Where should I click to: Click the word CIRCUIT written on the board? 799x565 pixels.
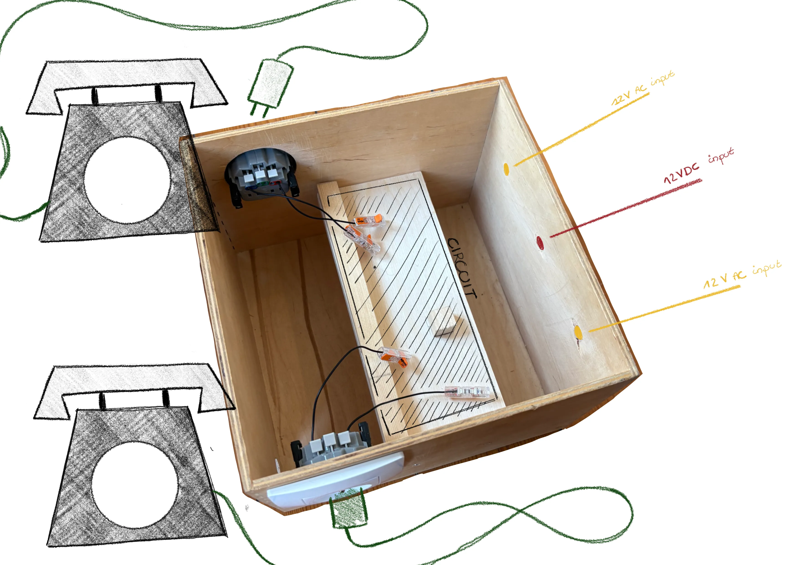pyautogui.click(x=462, y=268)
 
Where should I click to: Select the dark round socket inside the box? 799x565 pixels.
pyautogui.click(x=262, y=176)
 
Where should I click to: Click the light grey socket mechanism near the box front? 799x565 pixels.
pyautogui.click(x=330, y=447)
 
